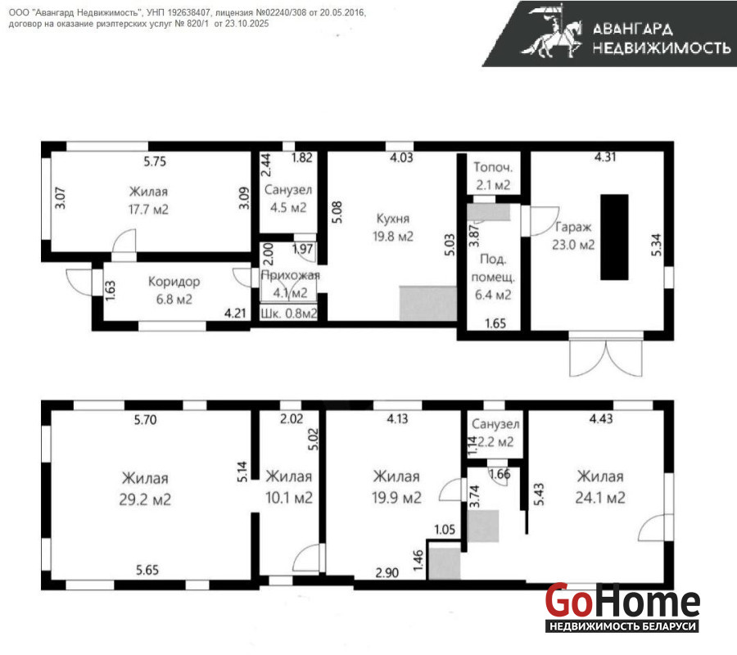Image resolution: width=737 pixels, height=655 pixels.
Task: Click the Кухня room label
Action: click(393, 219)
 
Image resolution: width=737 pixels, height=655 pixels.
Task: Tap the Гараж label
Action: click(573, 227)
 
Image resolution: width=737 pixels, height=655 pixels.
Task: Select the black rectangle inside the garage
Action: click(614, 237)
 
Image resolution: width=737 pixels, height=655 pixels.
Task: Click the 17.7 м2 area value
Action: click(148, 209)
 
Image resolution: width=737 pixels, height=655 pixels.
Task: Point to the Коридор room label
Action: click(174, 282)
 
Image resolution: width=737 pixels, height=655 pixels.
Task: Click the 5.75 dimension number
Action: click(155, 161)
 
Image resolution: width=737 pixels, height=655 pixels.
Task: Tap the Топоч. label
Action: click(493, 167)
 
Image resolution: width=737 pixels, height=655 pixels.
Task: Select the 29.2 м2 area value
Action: click(145, 499)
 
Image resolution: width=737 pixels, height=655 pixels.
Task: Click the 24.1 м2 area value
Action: click(600, 498)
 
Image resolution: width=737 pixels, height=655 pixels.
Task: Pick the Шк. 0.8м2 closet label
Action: click(288, 314)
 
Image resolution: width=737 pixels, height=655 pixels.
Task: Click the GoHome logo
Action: click(622, 607)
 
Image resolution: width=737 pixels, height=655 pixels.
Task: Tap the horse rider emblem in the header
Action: click(551, 31)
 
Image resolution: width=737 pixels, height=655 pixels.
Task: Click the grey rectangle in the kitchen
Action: click(428, 304)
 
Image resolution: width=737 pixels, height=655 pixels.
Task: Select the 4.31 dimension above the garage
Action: click(605, 157)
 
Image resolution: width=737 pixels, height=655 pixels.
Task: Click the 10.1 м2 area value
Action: click(289, 498)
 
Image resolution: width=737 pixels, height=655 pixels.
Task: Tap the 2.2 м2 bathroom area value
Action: click(495, 441)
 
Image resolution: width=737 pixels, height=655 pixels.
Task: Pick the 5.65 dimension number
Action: click(147, 570)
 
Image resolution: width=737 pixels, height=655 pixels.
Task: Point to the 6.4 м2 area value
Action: click(493, 295)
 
